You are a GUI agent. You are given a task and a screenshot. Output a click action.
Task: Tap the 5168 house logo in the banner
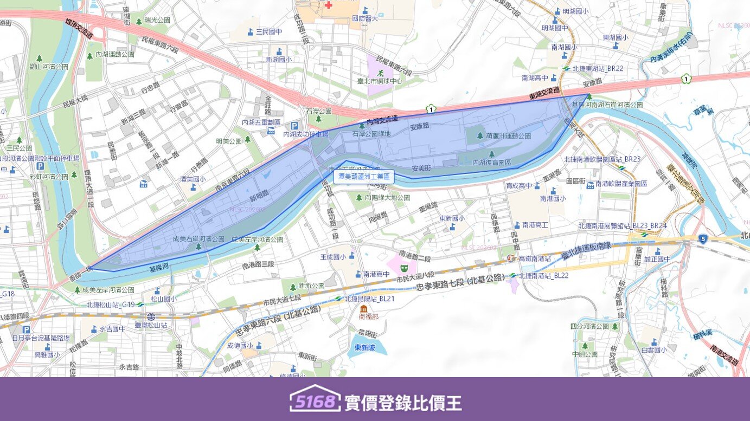315,399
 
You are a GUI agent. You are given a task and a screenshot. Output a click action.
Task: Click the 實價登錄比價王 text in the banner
403,403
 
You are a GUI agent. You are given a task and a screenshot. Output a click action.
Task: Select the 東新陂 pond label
365,347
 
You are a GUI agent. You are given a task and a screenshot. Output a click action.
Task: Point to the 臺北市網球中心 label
380,81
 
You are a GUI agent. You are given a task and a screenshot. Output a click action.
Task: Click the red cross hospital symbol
328,4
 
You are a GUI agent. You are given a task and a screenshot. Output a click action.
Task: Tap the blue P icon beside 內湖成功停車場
294,126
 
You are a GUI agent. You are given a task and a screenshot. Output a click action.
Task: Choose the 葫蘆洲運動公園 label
509,136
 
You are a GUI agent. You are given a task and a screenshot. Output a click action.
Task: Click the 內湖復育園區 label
492,162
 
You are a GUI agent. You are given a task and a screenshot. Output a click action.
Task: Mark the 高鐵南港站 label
535,259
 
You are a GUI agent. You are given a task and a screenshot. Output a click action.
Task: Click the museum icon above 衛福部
363,308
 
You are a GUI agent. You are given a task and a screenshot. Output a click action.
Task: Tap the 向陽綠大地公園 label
387,198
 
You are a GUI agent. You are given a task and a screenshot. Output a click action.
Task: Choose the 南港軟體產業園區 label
621,184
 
